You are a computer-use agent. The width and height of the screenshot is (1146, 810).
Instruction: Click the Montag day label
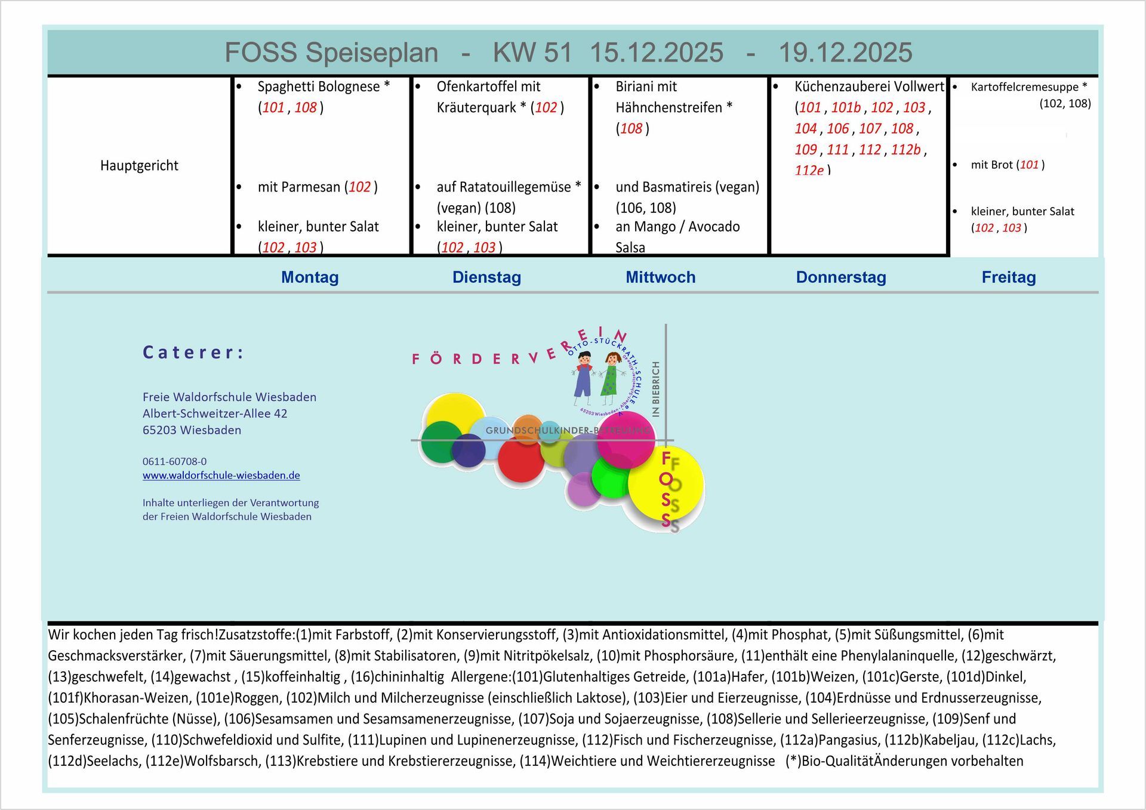pyautogui.click(x=310, y=277)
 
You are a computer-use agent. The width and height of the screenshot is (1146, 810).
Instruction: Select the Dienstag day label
pyautogui.click(x=486, y=277)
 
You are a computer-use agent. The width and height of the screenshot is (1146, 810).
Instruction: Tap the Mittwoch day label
pyautogui.click(x=660, y=277)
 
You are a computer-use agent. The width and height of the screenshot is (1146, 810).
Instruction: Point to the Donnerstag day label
pyautogui.click(x=840, y=277)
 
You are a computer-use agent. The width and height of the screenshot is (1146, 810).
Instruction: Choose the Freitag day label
pyautogui.click(x=1008, y=277)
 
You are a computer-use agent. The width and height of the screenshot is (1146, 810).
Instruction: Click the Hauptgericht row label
pyautogui.click(x=139, y=166)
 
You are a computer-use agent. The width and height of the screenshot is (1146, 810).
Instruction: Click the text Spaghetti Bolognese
pyautogui.click(x=318, y=86)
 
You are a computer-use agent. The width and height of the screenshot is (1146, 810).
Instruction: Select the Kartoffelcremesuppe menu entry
pyautogui.click(x=1024, y=87)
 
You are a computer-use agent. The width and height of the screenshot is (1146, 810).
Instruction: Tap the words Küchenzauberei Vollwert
pyautogui.click(x=868, y=86)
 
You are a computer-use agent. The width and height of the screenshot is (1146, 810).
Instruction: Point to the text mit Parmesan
pyautogui.click(x=298, y=187)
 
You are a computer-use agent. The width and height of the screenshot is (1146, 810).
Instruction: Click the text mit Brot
pyautogui.click(x=991, y=165)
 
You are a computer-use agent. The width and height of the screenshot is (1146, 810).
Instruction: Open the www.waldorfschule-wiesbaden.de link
pyautogui.click(x=221, y=475)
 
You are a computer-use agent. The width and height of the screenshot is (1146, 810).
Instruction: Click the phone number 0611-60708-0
pyautogui.click(x=174, y=461)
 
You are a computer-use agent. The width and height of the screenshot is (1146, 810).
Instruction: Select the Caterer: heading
pyautogui.click(x=193, y=353)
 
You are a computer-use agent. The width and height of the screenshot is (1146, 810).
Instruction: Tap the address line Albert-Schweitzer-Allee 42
pyautogui.click(x=215, y=413)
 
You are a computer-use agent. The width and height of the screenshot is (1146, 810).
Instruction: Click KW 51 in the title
pyautogui.click(x=532, y=52)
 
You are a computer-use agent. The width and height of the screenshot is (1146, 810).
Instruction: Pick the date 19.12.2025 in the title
pyautogui.click(x=845, y=52)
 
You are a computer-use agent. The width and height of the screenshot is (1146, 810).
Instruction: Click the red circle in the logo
pyautogui.click(x=520, y=459)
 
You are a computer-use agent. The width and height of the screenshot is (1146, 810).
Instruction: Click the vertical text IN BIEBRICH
pyautogui.click(x=656, y=388)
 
